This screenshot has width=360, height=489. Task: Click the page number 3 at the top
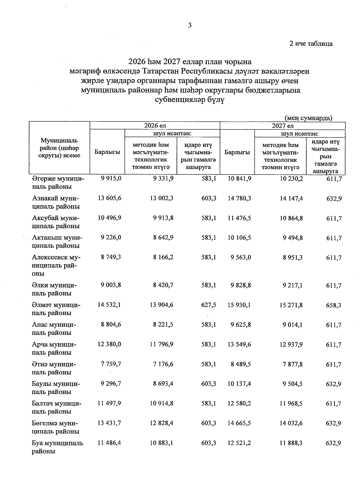pos(190,25)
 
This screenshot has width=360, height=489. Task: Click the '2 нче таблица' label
pos(311,44)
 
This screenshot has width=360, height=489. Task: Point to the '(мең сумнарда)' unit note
pos(308,118)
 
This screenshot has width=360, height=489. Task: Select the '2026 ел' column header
pos(155,126)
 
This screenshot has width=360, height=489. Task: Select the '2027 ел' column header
pos(282,126)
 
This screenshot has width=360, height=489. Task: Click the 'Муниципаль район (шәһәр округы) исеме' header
pos(59,148)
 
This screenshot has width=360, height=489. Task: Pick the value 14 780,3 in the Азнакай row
pos(239,198)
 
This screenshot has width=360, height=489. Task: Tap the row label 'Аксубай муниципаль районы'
pos(56,222)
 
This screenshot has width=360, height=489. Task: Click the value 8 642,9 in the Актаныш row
pos(163,238)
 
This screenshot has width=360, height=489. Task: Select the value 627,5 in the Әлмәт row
pos(209,305)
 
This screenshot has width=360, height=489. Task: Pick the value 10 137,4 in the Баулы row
pos(239,384)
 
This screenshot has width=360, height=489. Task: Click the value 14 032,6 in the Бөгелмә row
pos(291,423)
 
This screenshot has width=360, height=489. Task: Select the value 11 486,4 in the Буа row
pos(109,443)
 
